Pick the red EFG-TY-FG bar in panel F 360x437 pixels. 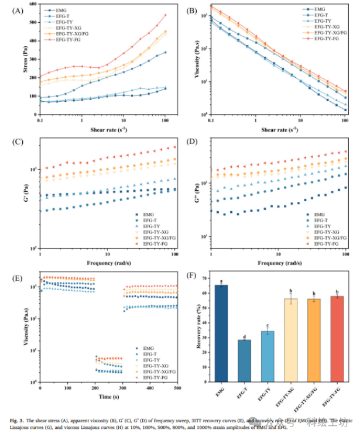coord(337,339)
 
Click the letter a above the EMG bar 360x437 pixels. coord(222,281)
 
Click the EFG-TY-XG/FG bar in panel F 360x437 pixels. coord(314,340)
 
